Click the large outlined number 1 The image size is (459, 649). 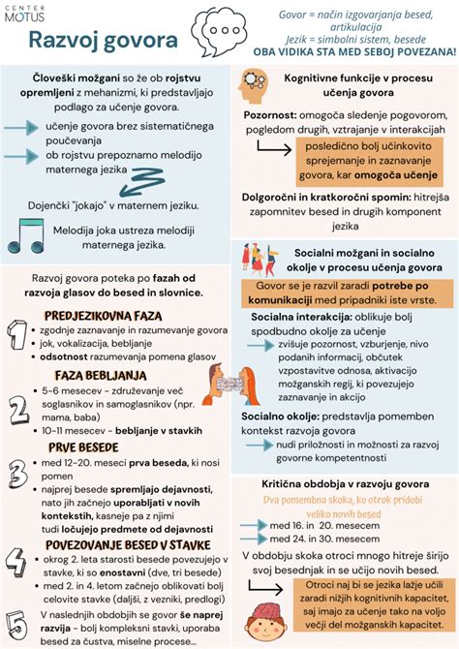pyautogui.click(x=18, y=334)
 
